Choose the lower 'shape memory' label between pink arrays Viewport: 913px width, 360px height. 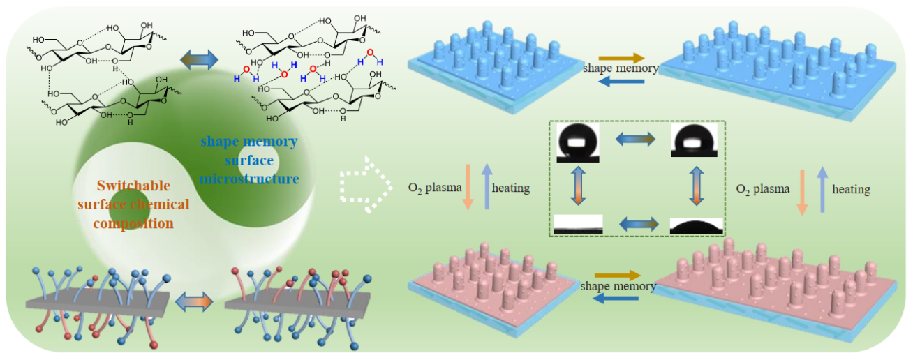point(618,286)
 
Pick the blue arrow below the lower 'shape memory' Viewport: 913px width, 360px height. point(617,298)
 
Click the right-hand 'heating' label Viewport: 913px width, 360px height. point(851,189)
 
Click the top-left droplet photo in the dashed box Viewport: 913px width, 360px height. point(579,142)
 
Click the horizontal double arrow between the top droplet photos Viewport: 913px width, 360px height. point(637,140)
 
